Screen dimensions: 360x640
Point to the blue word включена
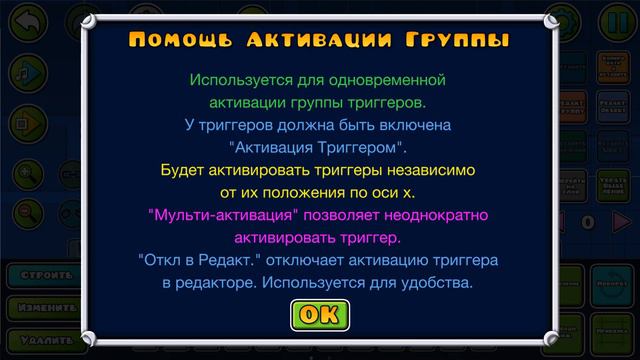[x=412, y=125]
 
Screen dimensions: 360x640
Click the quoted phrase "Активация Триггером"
[x=320, y=148]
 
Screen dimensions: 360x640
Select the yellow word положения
[x=311, y=193]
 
